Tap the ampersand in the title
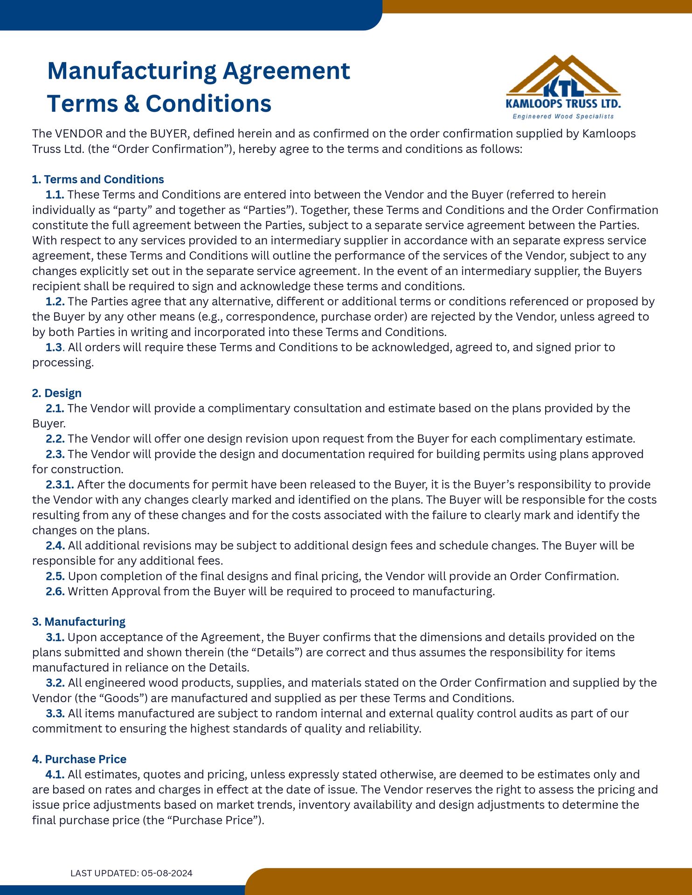tap(132, 103)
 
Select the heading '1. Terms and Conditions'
tap(98, 179)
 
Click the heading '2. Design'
tap(57, 393)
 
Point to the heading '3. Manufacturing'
tap(79, 621)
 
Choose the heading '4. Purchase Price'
tap(79, 759)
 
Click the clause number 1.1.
tap(55, 194)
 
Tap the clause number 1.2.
tap(55, 302)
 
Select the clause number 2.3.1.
tap(60, 484)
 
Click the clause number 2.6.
tap(55, 591)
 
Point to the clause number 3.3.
tap(55, 713)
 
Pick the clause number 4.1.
tap(55, 774)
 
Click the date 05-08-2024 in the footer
tap(167, 873)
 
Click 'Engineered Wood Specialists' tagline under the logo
tap(563, 116)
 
